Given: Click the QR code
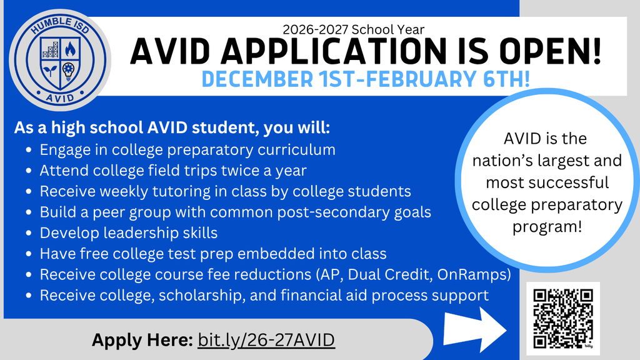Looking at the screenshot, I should (562, 319).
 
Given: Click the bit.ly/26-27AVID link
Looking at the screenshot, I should (266, 340).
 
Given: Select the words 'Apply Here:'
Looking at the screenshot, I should (142, 340).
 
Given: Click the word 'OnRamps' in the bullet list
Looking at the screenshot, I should (484, 274).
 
